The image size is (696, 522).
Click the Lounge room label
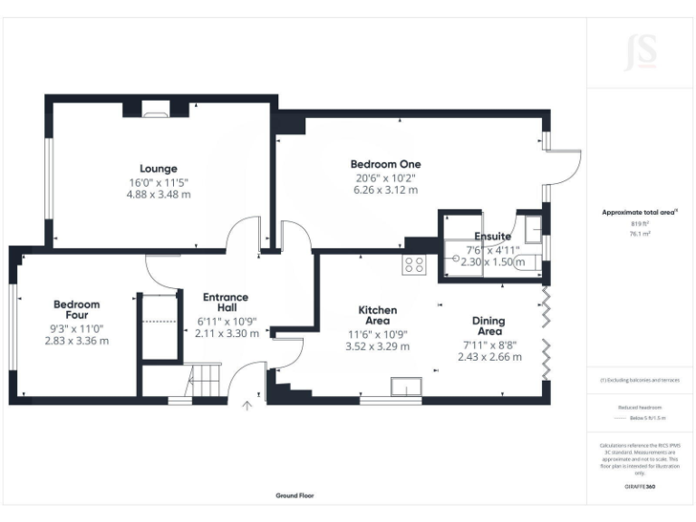click(x=159, y=169)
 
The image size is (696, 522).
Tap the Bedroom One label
click(x=385, y=164)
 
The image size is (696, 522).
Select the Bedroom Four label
click(x=76, y=310)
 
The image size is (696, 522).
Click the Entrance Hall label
click(x=226, y=303)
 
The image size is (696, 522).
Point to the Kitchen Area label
click(x=377, y=315)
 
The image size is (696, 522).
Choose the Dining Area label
click(x=488, y=326)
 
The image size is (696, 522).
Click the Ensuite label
click(x=488, y=237)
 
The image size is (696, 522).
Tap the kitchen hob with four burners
click(x=414, y=265)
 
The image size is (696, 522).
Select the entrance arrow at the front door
click(x=246, y=407)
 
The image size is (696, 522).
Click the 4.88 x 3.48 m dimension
click(x=159, y=194)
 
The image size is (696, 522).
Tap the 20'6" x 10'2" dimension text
click(x=385, y=178)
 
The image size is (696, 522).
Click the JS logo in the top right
click(x=641, y=52)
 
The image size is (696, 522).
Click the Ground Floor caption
click(x=295, y=496)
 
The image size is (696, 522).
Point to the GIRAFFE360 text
click(x=641, y=487)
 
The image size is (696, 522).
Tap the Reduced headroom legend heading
click(x=641, y=408)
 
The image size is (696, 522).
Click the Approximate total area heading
click(x=640, y=212)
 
